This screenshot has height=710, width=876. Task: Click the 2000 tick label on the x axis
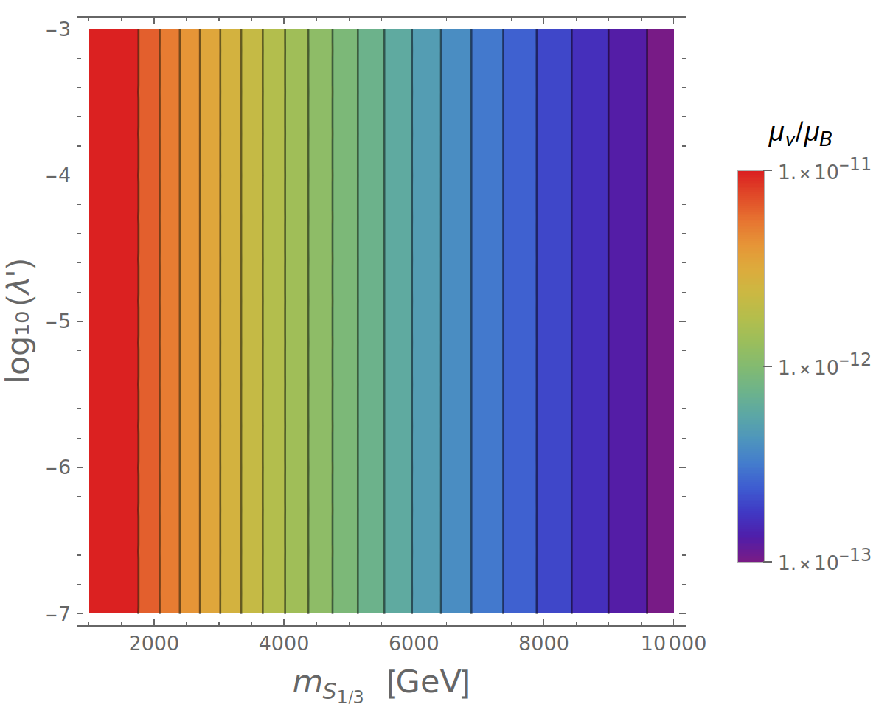pos(153,644)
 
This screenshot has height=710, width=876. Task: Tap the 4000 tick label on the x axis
pos(284,644)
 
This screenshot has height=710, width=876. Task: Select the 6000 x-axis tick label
pos(414,644)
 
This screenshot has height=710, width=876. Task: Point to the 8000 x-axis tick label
pos(543,644)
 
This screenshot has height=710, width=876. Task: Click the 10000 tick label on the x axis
pos(673,644)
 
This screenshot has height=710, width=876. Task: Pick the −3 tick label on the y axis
pos(58,29)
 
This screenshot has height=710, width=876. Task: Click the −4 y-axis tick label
pos(58,175)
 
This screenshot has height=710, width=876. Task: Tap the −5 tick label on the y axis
pos(58,321)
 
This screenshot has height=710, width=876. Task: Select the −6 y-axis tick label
pos(58,467)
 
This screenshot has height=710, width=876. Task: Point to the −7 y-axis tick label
pos(58,613)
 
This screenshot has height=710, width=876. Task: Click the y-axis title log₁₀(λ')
pos(20,321)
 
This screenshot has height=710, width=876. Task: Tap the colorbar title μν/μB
pos(801,136)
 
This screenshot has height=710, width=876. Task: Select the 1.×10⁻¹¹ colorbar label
pos(824,170)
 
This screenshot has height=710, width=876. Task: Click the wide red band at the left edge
pos(114,321)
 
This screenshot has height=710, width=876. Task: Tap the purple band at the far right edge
pos(661,321)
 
